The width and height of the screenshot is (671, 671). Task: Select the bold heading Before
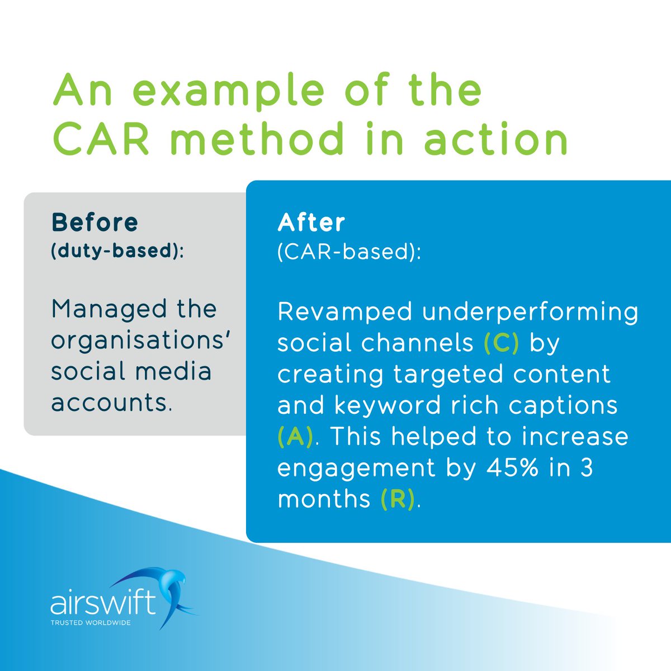click(x=94, y=223)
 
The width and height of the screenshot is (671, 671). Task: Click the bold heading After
click(x=311, y=223)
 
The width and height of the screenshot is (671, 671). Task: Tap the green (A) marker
click(x=295, y=437)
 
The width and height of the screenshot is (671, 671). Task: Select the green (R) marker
click(x=398, y=498)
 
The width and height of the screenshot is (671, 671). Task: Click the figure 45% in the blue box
click(x=499, y=467)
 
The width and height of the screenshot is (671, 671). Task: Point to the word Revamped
click(x=345, y=312)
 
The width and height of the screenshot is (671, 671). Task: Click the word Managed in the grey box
click(x=100, y=309)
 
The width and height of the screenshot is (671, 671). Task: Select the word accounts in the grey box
click(x=110, y=402)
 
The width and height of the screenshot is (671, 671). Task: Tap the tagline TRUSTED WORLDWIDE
click(x=91, y=622)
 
